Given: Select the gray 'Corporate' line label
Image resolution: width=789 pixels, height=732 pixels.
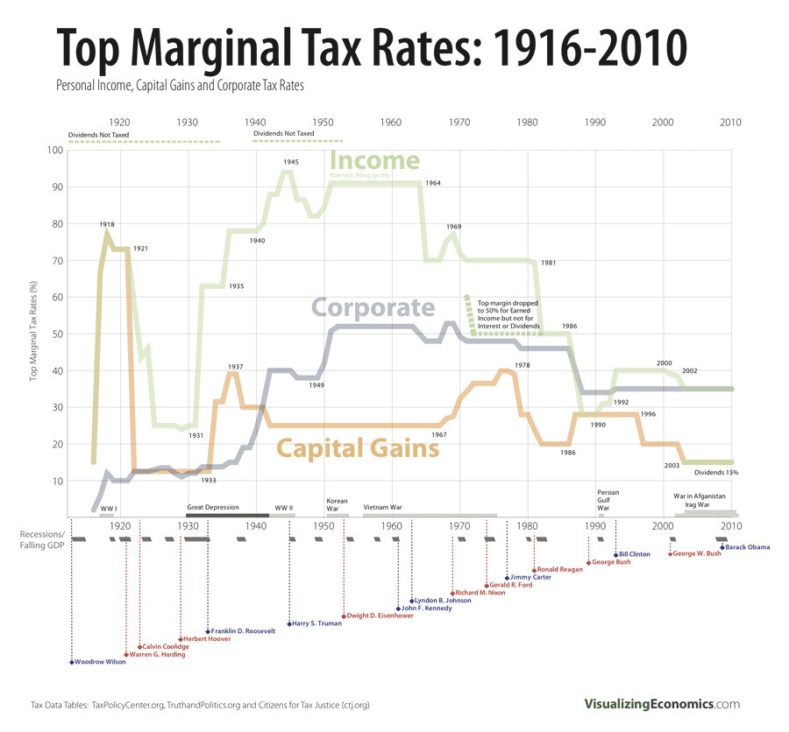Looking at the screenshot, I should coord(373,308).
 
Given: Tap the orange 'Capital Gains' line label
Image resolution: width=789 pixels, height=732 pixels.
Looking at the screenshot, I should coord(358,448).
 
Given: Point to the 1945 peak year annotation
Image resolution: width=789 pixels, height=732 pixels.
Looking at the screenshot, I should coord(291,162).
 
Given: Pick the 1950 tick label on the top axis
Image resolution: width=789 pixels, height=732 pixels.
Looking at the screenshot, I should coord(323,123).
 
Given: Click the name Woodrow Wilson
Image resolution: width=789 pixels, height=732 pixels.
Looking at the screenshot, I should coord(100,662).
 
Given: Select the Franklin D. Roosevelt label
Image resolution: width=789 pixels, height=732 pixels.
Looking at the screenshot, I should coord(243,630).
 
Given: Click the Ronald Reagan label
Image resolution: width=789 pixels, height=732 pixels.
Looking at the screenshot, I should coord(561,570).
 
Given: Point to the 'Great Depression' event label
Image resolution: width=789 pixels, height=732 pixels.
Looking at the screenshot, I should coord(212,507).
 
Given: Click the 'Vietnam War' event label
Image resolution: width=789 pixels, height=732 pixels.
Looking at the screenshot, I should coord(382,507).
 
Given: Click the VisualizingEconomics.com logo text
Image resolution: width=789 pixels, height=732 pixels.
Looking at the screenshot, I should coord(662,704).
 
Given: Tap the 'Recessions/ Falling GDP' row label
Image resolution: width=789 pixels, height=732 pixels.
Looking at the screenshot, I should coord(42,539).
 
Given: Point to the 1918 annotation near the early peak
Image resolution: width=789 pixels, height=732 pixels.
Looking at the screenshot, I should coord(107,225).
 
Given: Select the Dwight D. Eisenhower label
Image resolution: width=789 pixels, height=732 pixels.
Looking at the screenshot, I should coord(380,616).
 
